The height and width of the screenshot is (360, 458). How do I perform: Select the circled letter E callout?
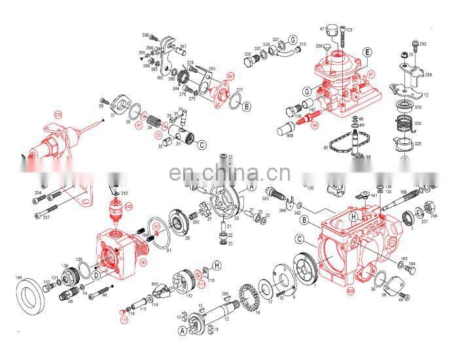coord(368,51)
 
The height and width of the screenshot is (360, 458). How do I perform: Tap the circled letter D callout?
coord(96,276)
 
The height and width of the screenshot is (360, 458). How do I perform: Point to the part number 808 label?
coord(289,138)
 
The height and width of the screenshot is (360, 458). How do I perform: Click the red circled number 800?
coord(351,289)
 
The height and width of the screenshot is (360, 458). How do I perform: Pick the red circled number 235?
coord(58,116)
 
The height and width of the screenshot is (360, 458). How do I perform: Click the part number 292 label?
coord(423,44)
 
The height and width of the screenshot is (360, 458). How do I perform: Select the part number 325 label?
coord(417,143)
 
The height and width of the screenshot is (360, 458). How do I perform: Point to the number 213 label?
coord(302,45)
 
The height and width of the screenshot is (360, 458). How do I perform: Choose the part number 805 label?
coord(155,283)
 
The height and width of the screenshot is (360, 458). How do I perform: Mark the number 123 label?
coord(349,30)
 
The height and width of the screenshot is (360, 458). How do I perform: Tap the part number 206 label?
coord(433,215)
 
